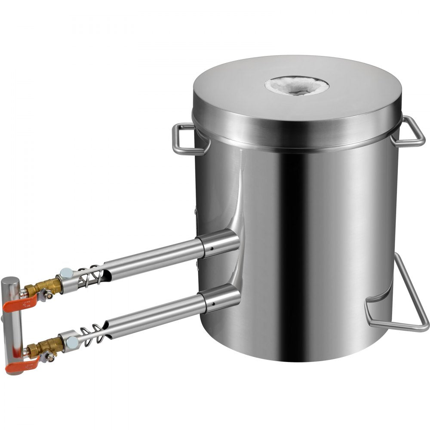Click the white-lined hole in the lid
(297, 85)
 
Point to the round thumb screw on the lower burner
(72, 342)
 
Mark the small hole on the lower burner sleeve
(211, 307)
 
